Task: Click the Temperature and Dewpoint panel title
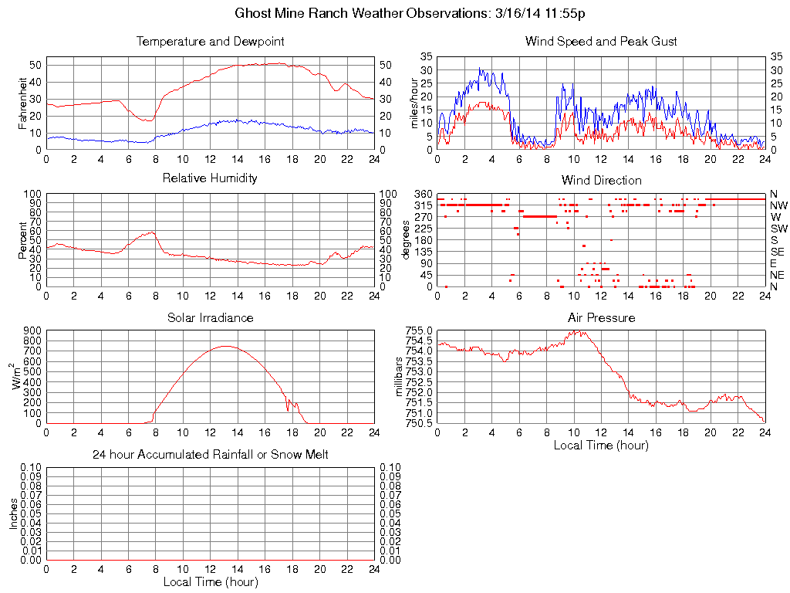210,42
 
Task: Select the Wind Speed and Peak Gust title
601,42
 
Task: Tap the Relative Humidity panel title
210,178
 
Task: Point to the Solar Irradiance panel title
210,317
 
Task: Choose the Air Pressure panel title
601,317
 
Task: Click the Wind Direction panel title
601,180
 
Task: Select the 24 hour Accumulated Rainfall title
210,455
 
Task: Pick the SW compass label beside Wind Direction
778,229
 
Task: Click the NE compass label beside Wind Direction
778,275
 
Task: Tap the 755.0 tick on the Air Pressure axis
419,330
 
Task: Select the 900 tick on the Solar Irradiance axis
32,330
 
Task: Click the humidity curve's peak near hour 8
152,232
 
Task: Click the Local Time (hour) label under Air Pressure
601,446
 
